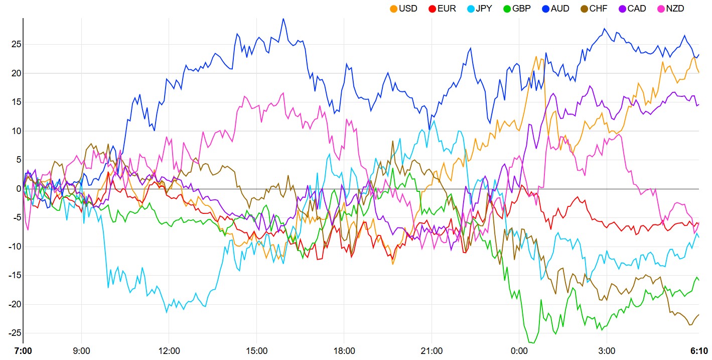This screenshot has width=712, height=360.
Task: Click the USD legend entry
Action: [403, 9]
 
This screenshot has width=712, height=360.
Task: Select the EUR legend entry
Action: [442, 9]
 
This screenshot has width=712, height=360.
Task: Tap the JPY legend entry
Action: [480, 9]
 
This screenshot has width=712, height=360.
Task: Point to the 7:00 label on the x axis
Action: [23, 350]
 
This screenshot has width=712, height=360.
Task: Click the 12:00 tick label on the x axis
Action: [169, 350]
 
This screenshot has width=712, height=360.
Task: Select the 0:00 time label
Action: [519, 350]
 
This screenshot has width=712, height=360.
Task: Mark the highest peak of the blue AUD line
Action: [283, 19]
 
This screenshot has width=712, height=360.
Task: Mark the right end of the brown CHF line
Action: [698, 315]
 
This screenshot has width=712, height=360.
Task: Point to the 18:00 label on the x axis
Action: [344, 350]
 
